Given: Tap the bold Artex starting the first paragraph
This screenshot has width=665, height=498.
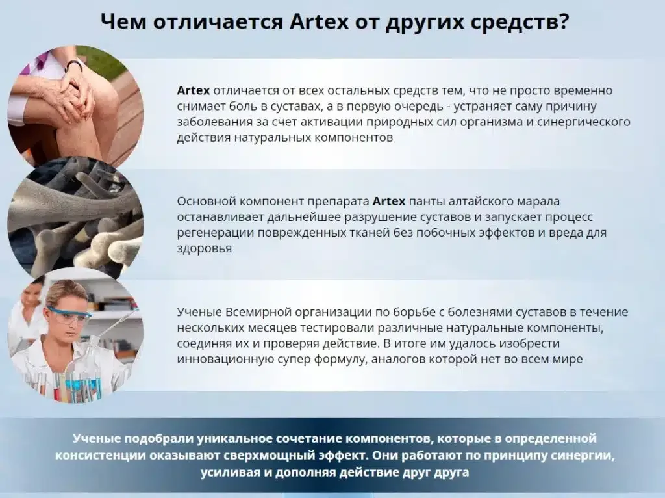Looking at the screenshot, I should click(x=193, y=90).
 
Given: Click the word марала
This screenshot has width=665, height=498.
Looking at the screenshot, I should click(x=539, y=201).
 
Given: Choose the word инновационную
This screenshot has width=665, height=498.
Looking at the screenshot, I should click(x=218, y=359).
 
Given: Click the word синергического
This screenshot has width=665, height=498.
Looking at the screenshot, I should click(x=588, y=122).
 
